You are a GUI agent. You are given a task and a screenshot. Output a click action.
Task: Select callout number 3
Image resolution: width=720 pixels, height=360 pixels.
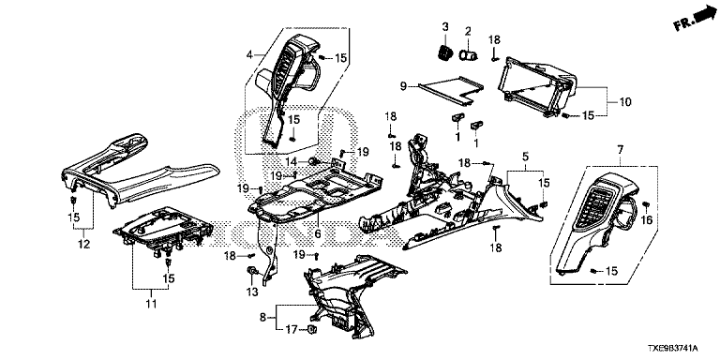click(x=445, y=27)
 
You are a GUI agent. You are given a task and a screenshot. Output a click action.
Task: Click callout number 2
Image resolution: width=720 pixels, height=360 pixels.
click(x=468, y=32)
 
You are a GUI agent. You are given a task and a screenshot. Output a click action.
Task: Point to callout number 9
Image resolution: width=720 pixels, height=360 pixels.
click(x=403, y=86)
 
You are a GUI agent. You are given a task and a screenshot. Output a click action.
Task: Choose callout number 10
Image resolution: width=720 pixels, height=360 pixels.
click(x=625, y=102)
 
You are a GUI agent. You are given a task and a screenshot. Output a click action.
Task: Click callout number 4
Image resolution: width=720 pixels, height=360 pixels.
click(x=249, y=55)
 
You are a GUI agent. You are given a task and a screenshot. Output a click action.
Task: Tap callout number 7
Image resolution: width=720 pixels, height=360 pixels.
click(x=621, y=150)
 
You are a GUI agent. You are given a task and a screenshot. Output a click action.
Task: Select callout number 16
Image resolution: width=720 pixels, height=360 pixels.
click(x=647, y=221)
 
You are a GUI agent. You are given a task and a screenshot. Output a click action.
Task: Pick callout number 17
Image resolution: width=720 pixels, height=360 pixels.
click(x=292, y=329)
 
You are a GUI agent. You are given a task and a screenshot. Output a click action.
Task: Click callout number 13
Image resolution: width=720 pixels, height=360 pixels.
click(x=252, y=292)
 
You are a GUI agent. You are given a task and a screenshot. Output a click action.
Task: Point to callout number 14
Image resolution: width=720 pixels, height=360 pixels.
click(x=292, y=161)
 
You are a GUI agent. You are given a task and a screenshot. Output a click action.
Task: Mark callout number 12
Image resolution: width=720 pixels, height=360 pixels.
click(x=83, y=245)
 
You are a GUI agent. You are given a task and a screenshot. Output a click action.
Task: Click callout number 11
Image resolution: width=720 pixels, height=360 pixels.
click(x=151, y=304)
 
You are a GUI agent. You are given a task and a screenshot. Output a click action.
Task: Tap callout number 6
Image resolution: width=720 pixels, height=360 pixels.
click(x=317, y=233)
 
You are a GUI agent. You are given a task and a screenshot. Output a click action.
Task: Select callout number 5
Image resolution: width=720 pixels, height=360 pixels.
click(x=525, y=157)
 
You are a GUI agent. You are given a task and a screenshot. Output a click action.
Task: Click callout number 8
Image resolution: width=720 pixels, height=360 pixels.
click(x=263, y=317)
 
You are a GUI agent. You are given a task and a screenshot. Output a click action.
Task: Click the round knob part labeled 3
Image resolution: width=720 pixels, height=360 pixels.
click(x=443, y=52)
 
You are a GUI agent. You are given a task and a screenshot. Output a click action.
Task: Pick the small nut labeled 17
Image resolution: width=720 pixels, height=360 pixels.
click(x=312, y=329)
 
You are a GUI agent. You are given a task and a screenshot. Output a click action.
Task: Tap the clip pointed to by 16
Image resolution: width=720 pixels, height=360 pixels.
click(x=646, y=204)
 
